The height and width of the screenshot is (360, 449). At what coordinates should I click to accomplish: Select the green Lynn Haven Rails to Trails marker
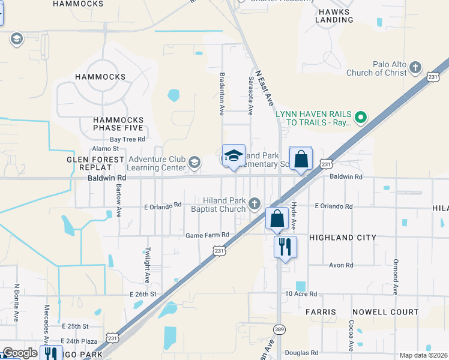361,117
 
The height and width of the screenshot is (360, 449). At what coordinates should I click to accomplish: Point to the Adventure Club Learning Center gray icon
194,163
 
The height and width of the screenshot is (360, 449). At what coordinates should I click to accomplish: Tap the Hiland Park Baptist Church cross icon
255,204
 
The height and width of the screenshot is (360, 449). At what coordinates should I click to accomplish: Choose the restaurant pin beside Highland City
285,246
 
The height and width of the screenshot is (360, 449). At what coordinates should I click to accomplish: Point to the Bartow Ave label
119,201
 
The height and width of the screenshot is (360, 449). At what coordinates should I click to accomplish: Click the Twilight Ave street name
146,265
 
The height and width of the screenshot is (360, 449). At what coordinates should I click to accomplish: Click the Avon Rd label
341,265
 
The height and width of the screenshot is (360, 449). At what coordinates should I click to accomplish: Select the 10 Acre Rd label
301,293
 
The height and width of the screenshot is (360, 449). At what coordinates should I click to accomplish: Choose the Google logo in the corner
20,353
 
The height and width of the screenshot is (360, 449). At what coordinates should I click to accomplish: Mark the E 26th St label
143,294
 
